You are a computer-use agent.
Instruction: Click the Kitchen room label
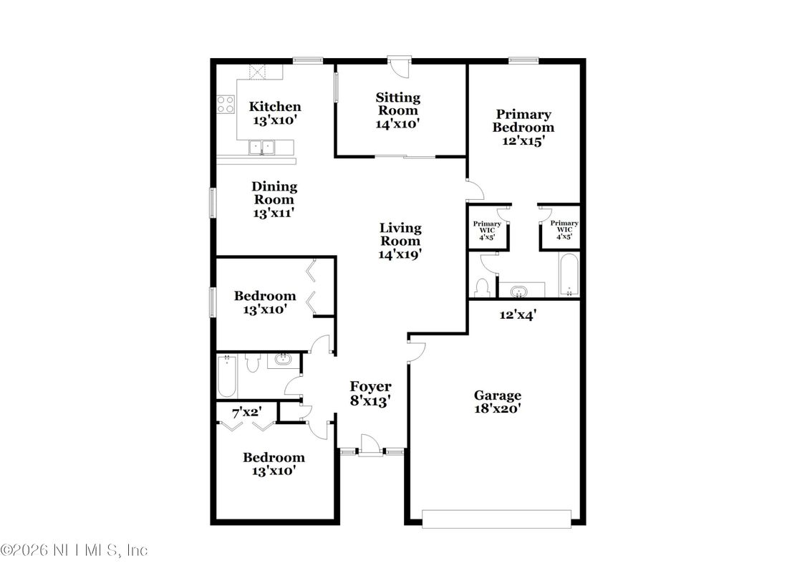tap(274, 107)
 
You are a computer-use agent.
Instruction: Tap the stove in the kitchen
tap(226, 105)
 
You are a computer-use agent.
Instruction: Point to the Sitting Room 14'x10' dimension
tap(397, 123)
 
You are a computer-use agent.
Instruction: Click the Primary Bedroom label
tap(523, 120)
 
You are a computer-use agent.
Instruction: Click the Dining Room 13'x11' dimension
tap(274, 213)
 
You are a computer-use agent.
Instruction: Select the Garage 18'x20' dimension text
tap(497, 408)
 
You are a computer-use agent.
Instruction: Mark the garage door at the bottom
tap(497, 519)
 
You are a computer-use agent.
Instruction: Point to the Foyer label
tap(370, 387)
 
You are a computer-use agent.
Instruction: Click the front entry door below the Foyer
tap(370, 445)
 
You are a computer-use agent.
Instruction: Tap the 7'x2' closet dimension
tap(246, 413)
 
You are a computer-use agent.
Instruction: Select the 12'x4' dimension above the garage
tap(517, 314)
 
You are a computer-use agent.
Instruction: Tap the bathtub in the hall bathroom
tap(228, 376)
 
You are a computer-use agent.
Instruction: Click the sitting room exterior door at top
tap(397, 65)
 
